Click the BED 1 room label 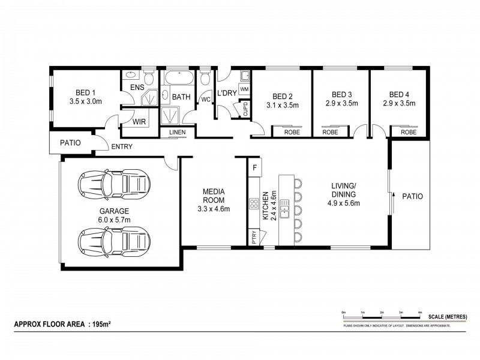click(x=85, y=92)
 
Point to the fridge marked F click(x=254, y=167)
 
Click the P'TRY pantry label click(x=254, y=237)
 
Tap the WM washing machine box click(x=244, y=89)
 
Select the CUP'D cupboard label click(x=245, y=109)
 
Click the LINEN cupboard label click(x=177, y=132)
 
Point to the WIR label click(x=139, y=121)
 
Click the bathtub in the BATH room click(x=178, y=79)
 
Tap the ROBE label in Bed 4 click(x=409, y=132)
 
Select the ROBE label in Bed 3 click(x=330, y=132)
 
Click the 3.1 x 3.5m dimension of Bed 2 click(x=282, y=105)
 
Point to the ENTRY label click(x=122, y=146)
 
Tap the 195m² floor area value click(x=101, y=324)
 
